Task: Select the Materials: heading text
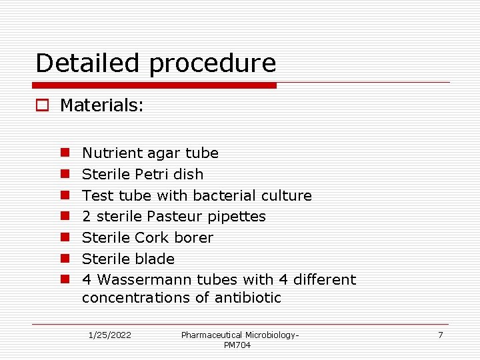(x=102, y=105)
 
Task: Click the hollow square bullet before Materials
(x=43, y=105)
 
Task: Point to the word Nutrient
(x=107, y=153)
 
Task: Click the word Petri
(x=151, y=175)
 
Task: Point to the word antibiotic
(x=248, y=298)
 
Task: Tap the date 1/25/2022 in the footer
(x=110, y=335)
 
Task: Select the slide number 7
(x=440, y=335)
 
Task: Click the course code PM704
(x=237, y=345)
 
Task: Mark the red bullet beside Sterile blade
(x=67, y=259)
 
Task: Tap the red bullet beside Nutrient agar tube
(x=67, y=153)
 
